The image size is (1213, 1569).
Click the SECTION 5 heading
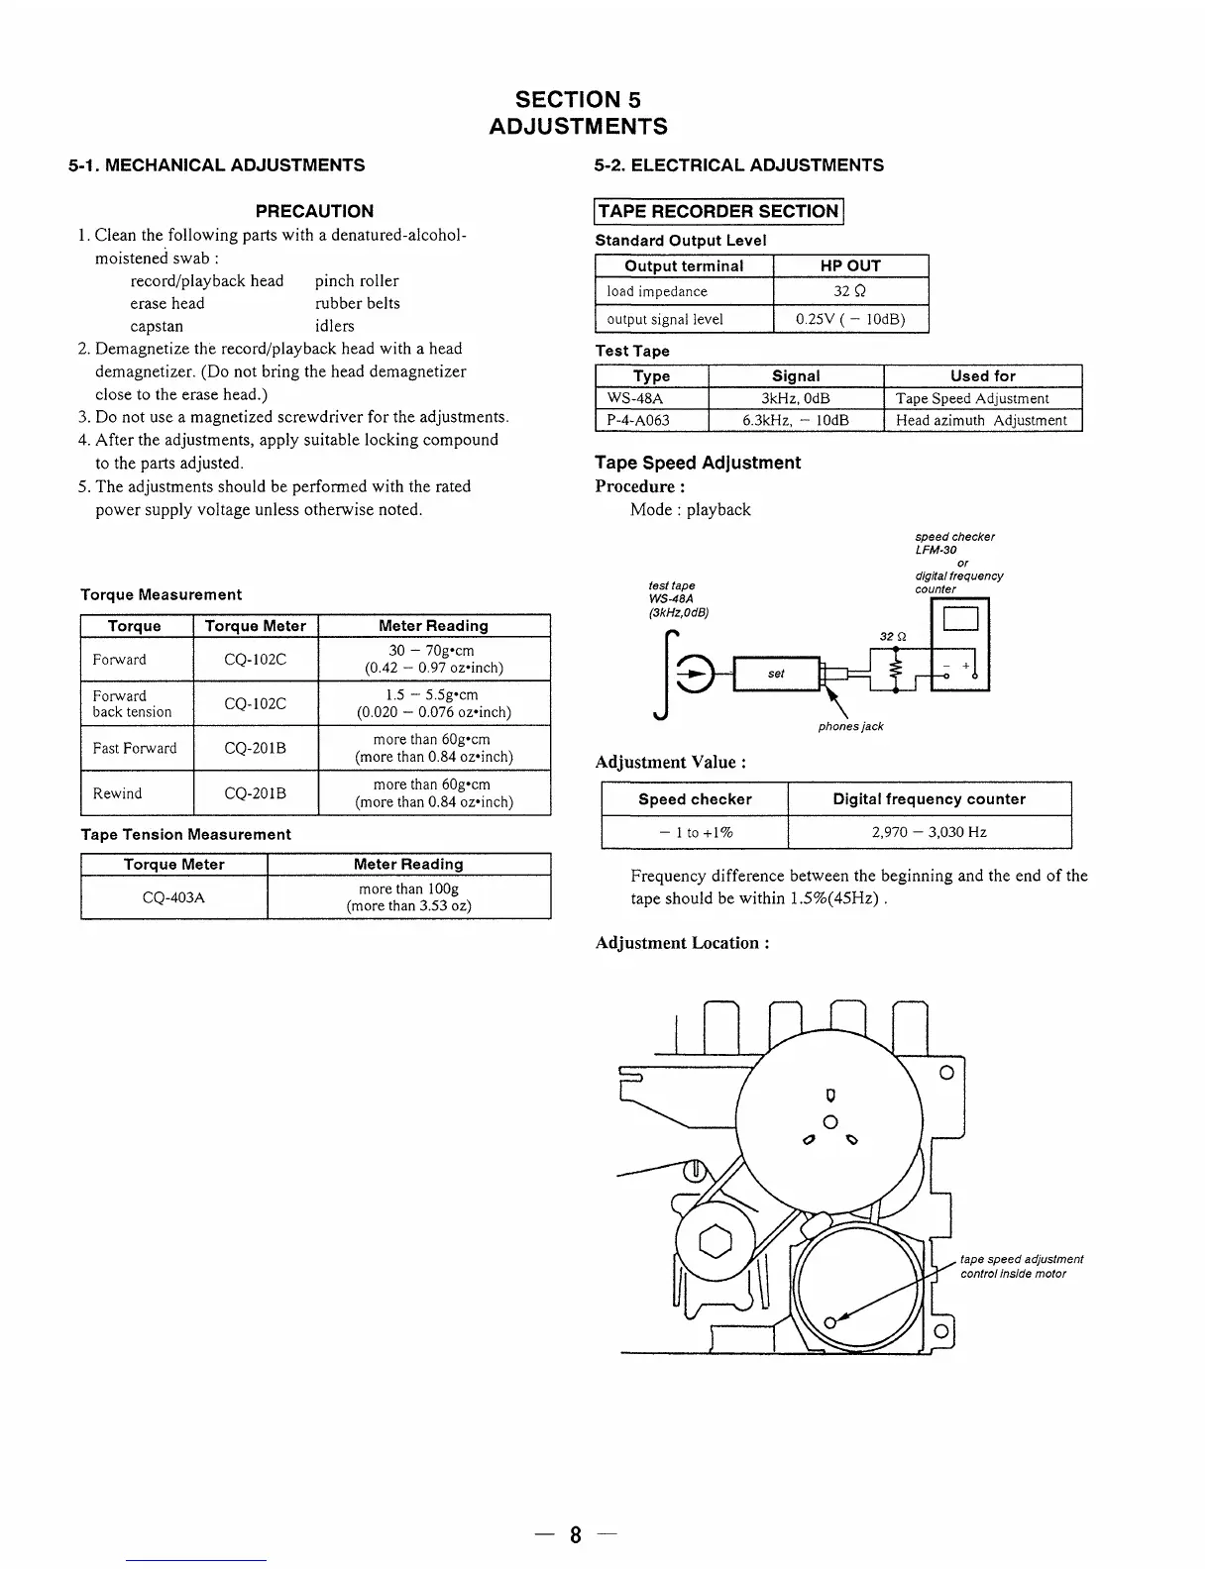point(579,99)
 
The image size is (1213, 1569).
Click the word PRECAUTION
point(314,211)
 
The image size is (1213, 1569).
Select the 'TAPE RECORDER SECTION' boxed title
point(718,211)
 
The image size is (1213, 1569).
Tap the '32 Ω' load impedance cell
point(850,291)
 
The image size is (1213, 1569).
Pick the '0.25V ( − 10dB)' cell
point(850,319)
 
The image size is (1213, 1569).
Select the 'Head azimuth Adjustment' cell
point(981,420)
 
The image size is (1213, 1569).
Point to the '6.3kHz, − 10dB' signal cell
point(796,420)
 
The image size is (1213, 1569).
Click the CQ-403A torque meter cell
point(174,897)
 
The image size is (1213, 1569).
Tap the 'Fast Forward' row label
point(135,748)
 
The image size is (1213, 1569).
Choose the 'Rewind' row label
point(117,792)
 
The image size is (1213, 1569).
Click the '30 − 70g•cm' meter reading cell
point(433,659)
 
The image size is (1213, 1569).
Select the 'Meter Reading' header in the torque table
point(433,626)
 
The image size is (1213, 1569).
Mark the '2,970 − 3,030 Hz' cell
point(929,832)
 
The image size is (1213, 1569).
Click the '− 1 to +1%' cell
point(695,832)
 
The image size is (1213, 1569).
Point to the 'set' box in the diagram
point(776,674)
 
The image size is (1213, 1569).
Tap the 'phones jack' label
point(850,726)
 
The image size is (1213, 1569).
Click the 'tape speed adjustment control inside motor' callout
point(1022,1266)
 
